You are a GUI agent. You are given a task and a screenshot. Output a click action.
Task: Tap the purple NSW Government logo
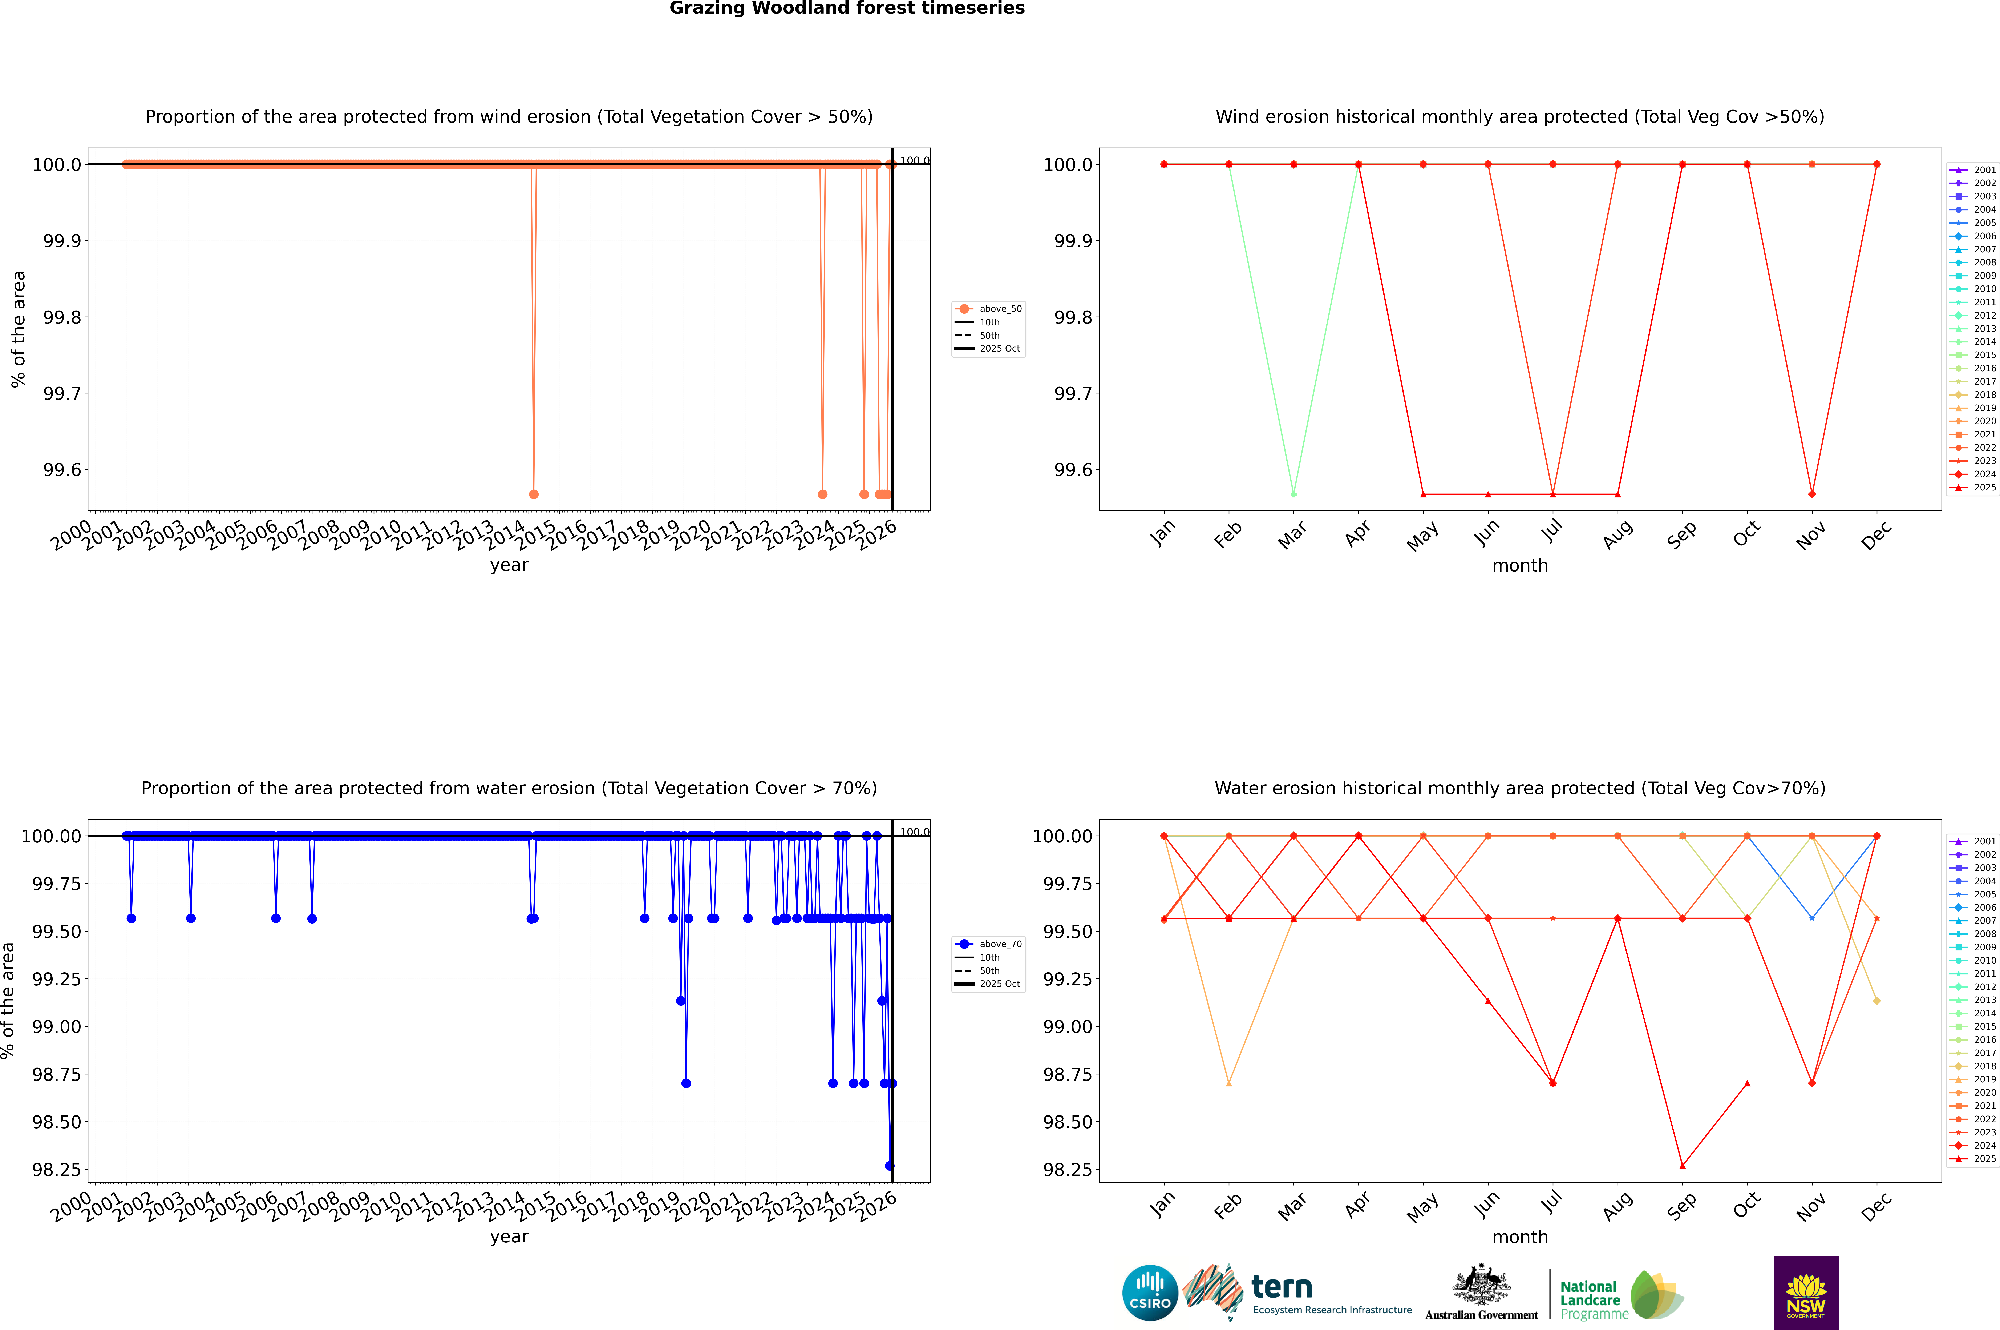coord(1806,1293)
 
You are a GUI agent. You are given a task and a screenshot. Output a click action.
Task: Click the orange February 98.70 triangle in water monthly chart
coord(1228,1083)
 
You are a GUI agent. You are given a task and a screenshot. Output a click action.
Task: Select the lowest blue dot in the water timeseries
coord(889,1165)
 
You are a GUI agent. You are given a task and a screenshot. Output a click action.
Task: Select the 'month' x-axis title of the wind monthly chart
coord(1519,566)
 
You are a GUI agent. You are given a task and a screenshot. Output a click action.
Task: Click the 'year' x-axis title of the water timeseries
coord(509,1237)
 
